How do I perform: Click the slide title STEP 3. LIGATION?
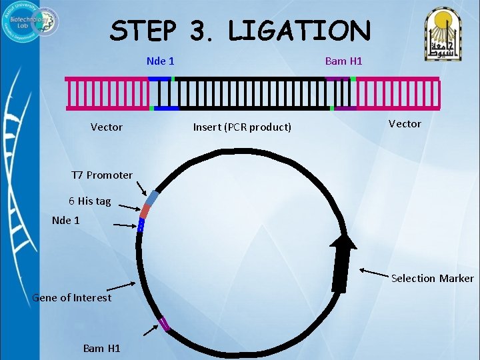click(240, 31)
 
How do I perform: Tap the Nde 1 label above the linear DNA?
click(161, 61)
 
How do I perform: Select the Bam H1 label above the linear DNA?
click(343, 61)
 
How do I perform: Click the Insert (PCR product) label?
click(242, 127)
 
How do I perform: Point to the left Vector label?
click(107, 127)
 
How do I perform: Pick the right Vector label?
click(405, 123)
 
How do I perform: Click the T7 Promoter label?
click(102, 175)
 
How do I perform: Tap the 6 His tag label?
click(89, 201)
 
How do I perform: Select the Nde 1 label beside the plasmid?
click(65, 220)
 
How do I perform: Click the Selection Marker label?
click(432, 278)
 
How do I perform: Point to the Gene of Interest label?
click(72, 297)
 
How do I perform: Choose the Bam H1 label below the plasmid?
click(101, 348)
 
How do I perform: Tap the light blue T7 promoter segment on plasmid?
click(153, 199)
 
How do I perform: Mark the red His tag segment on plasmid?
click(145, 211)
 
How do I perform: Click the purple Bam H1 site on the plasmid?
click(164, 325)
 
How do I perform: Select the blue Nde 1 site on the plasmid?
click(141, 225)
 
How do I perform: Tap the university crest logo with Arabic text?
click(445, 33)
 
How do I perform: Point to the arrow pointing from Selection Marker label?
click(375, 272)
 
